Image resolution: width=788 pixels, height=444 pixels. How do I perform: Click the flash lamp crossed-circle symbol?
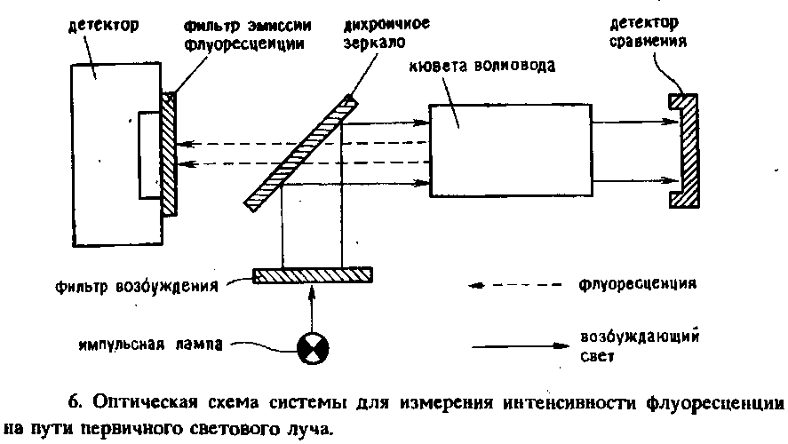pos(312,347)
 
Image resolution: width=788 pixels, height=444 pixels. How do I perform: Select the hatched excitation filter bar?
pos(313,276)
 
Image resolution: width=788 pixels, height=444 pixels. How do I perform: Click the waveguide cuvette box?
pos(510,150)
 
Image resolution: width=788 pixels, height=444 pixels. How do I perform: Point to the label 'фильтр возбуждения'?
pos(134,288)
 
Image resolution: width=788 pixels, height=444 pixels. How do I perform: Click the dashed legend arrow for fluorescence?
pos(515,286)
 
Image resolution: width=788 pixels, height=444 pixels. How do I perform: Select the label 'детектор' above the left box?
pos(103,24)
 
